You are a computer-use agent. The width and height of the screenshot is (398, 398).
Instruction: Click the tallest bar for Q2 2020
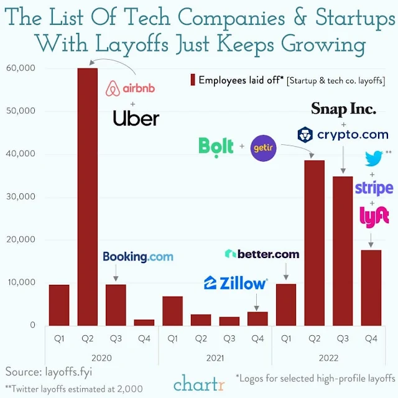pyautogui.click(x=87, y=196)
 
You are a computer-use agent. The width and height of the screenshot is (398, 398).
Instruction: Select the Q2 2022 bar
pyautogui.click(x=314, y=243)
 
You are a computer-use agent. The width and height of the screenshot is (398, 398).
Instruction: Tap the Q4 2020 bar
pyautogui.click(x=144, y=322)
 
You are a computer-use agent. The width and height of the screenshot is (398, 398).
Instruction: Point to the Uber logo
pyautogui.click(x=136, y=118)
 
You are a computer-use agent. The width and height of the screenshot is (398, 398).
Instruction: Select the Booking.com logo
pyautogui.click(x=137, y=256)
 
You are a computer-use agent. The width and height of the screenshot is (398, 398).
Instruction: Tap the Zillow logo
pyautogui.click(x=235, y=283)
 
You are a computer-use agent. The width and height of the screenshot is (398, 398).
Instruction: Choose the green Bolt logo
pyautogui.click(x=216, y=146)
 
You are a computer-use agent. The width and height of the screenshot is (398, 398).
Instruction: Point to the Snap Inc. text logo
pyautogui.click(x=343, y=109)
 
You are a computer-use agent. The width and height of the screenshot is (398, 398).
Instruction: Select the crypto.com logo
pyautogui.click(x=343, y=134)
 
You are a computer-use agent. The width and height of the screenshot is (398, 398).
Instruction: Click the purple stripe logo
pyautogui.click(x=374, y=188)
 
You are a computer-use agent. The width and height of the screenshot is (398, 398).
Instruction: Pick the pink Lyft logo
pyautogui.click(x=374, y=216)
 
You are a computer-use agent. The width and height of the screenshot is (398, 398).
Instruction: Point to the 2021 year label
pyautogui.click(x=215, y=358)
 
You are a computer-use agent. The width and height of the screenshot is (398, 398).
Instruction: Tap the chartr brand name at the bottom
pyautogui.click(x=199, y=382)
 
